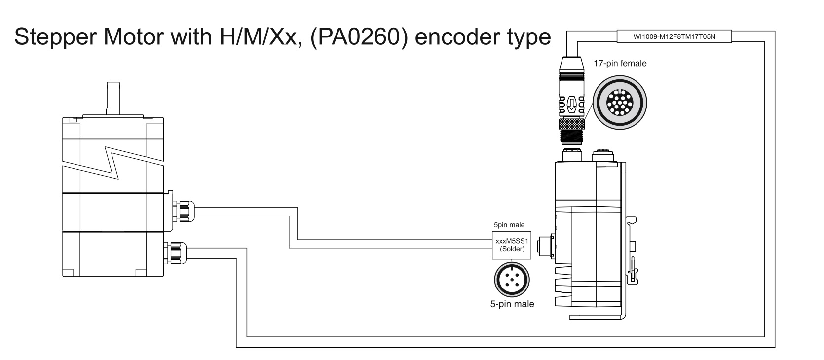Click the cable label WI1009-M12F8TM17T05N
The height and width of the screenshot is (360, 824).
[x=674, y=36]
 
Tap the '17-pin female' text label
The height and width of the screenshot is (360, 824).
[x=620, y=63]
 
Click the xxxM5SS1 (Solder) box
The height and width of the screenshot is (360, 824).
[x=512, y=245]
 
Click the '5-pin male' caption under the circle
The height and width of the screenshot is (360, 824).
[x=512, y=304]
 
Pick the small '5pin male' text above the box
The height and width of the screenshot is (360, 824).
[x=509, y=225]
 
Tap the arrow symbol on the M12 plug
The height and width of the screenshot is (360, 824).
[x=571, y=104]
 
